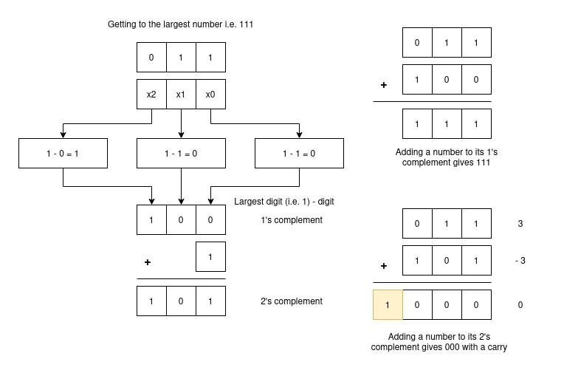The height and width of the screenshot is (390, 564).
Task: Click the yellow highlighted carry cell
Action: pyautogui.click(x=388, y=304)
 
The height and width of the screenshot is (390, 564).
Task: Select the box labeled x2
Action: pyautogui.click(x=151, y=95)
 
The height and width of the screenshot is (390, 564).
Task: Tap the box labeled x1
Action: pyautogui.click(x=181, y=95)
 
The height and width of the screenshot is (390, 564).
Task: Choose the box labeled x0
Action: pyautogui.click(x=210, y=95)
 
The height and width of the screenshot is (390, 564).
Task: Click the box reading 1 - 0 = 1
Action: pyautogui.click(x=63, y=153)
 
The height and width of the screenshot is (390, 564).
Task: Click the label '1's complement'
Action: pyautogui.click(x=292, y=220)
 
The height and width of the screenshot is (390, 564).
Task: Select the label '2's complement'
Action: pyautogui.click(x=292, y=301)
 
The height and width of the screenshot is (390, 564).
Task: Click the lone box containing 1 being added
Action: pyautogui.click(x=210, y=257)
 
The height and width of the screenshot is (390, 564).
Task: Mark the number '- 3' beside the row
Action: pyautogui.click(x=522, y=260)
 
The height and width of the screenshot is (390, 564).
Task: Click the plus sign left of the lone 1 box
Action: pyautogui.click(x=148, y=262)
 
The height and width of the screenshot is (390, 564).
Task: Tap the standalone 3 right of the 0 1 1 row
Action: pyautogui.click(x=522, y=223)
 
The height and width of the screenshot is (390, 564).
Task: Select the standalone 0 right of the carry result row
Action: pyautogui.click(x=522, y=304)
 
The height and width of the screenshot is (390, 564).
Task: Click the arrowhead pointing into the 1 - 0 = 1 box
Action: pyautogui.click(x=63, y=135)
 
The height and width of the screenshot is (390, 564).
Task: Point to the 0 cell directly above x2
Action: pyautogui.click(x=151, y=57)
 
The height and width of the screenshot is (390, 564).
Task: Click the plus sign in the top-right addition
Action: pyautogui.click(x=384, y=85)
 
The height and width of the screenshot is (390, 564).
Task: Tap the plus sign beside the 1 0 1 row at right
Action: pyautogui.click(x=384, y=265)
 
